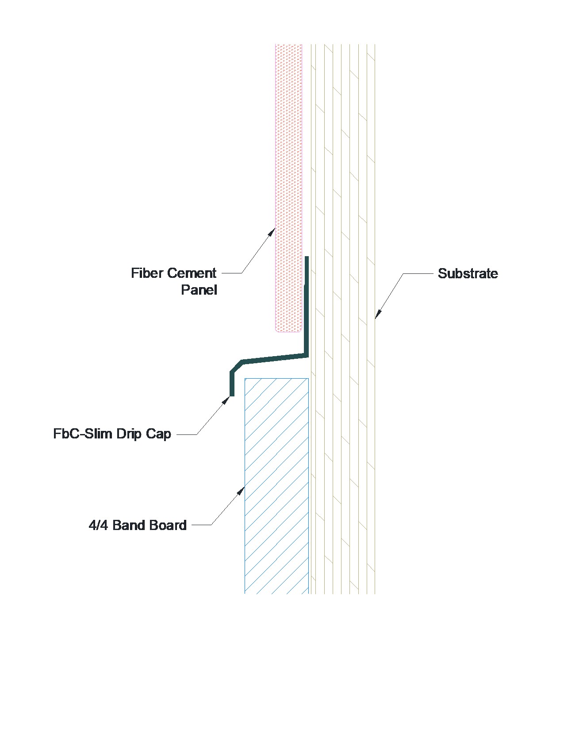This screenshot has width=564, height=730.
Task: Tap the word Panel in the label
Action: point(199,290)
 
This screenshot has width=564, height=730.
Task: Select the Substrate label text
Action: point(468,273)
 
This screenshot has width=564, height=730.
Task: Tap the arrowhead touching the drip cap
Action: point(226,400)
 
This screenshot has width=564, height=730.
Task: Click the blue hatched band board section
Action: point(276,487)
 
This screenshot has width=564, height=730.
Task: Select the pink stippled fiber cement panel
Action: point(288,177)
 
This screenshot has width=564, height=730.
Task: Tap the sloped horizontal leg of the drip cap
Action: point(274,357)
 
